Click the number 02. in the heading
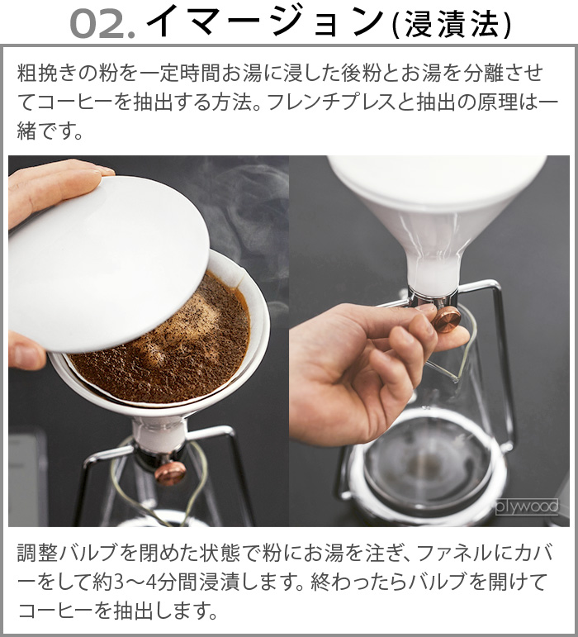[x=101, y=25]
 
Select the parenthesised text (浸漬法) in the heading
[x=452, y=25]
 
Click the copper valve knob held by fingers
[x=448, y=319]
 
